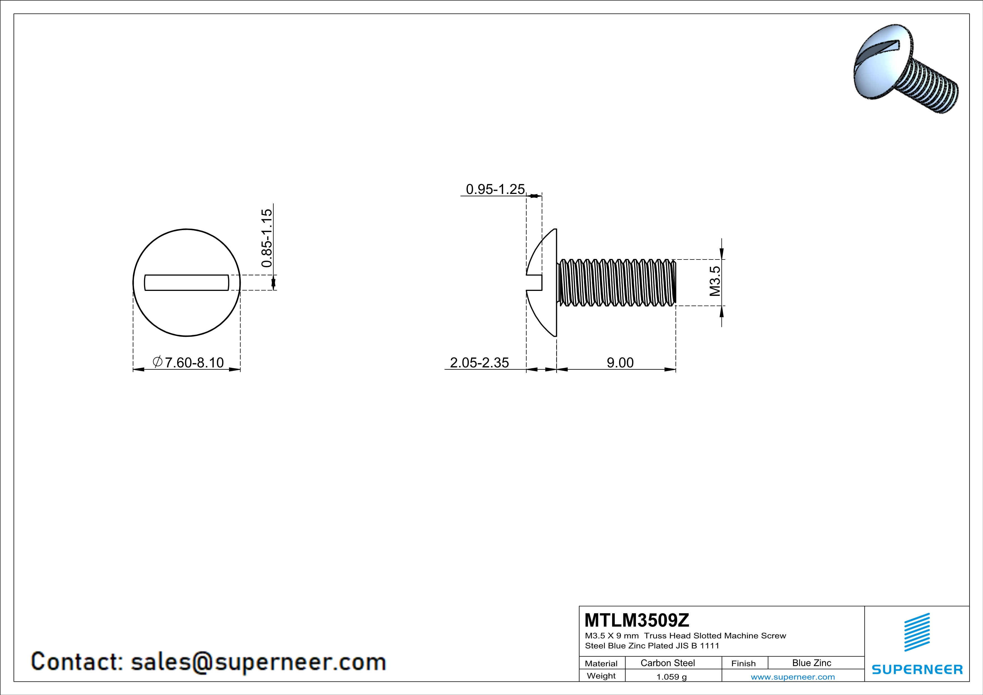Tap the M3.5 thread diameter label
tap(714, 281)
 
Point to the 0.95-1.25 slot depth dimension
tap(495, 189)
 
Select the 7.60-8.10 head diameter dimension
tap(194, 362)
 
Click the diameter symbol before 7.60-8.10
tap(157, 362)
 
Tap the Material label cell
tap(601, 663)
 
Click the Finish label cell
tap(743, 663)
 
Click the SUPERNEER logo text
tap(917, 669)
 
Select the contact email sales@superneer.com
tap(258, 662)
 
